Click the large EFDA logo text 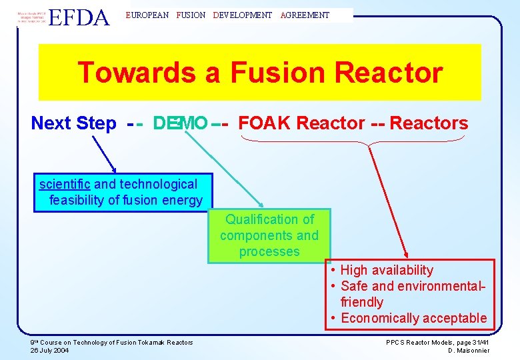coord(79,17)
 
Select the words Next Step coord(73,123)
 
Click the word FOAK coord(265,123)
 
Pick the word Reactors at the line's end coord(429,123)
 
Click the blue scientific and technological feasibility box coord(122,193)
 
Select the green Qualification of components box coord(269,235)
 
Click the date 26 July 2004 coord(50,350)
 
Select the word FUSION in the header coord(191,15)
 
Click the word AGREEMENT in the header coord(305,15)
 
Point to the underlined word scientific coord(65,185)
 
